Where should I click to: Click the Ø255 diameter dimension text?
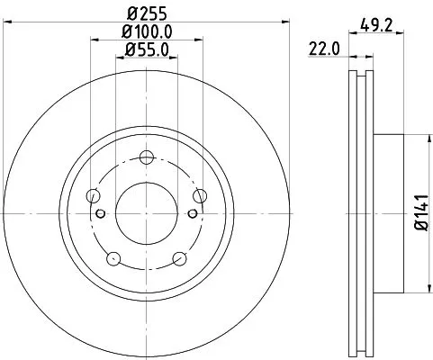point(146,13)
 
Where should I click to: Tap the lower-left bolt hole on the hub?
point(113,259)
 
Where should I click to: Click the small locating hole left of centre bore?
point(101,212)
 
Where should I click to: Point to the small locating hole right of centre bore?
point(193,212)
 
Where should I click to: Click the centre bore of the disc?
point(147,212)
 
